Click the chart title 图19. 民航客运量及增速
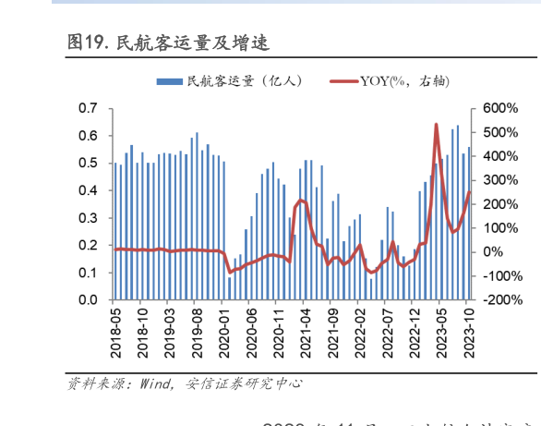(167, 43)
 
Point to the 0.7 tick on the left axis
(88, 108)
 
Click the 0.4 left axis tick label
(88, 190)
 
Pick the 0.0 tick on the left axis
(88, 300)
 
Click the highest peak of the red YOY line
(436, 124)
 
